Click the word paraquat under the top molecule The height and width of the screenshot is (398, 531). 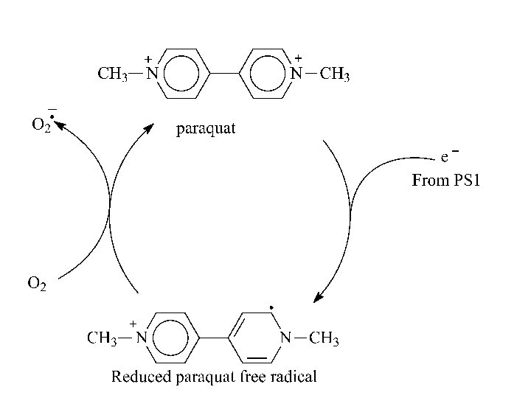[x=205, y=130]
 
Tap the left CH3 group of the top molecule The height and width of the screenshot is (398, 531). [x=114, y=74]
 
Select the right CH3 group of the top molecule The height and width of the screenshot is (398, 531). [x=335, y=74]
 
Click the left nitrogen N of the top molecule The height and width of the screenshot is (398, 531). [x=152, y=74]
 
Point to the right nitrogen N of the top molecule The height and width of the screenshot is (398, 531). [x=296, y=74]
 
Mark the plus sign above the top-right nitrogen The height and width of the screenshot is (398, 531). [x=298, y=57]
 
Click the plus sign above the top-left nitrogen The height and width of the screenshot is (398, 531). [x=148, y=57]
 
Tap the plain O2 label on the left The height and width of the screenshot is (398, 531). [x=37, y=284]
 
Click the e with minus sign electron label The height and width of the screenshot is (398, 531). [x=448, y=157]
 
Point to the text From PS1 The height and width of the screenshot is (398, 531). [x=445, y=180]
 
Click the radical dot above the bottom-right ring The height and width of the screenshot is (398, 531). [x=271, y=304]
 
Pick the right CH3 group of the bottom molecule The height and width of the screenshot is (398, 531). [x=324, y=339]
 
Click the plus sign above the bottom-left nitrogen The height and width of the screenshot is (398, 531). [x=133, y=324]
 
